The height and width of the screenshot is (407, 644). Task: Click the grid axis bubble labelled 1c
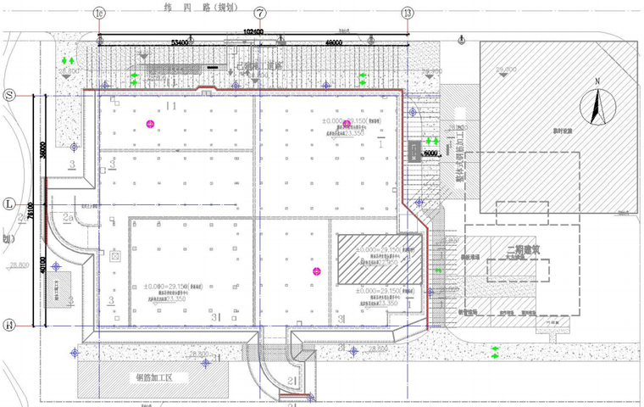tap(100, 14)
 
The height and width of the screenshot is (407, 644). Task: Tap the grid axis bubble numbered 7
tap(259, 14)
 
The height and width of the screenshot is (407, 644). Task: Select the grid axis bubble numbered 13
tap(408, 14)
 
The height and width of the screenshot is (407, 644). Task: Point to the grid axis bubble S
tap(10, 95)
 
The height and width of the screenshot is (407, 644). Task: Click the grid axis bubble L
tap(10, 204)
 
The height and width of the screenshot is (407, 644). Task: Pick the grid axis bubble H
tap(10, 325)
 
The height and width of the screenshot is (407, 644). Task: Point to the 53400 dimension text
tap(180, 41)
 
